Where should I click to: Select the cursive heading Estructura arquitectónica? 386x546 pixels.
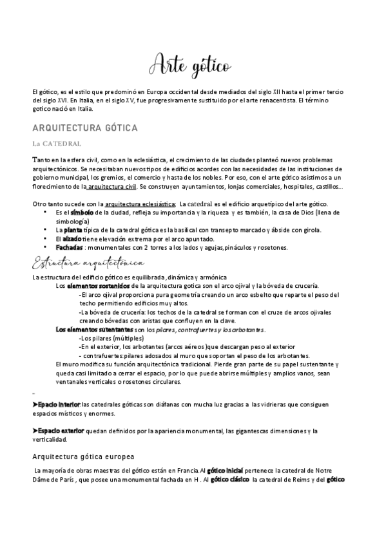(x=89, y=264)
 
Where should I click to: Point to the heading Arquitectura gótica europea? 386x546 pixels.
(x=82, y=456)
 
